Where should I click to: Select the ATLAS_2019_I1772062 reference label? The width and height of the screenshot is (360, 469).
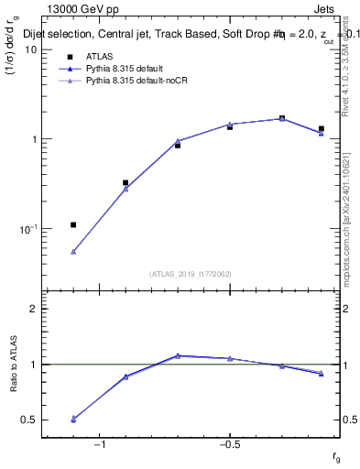[x=190, y=273]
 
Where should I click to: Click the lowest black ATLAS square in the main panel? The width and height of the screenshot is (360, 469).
[x=73, y=224]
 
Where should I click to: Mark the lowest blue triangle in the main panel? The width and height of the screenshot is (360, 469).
[x=73, y=251]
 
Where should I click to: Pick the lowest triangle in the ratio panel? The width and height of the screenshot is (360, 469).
[x=73, y=419]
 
